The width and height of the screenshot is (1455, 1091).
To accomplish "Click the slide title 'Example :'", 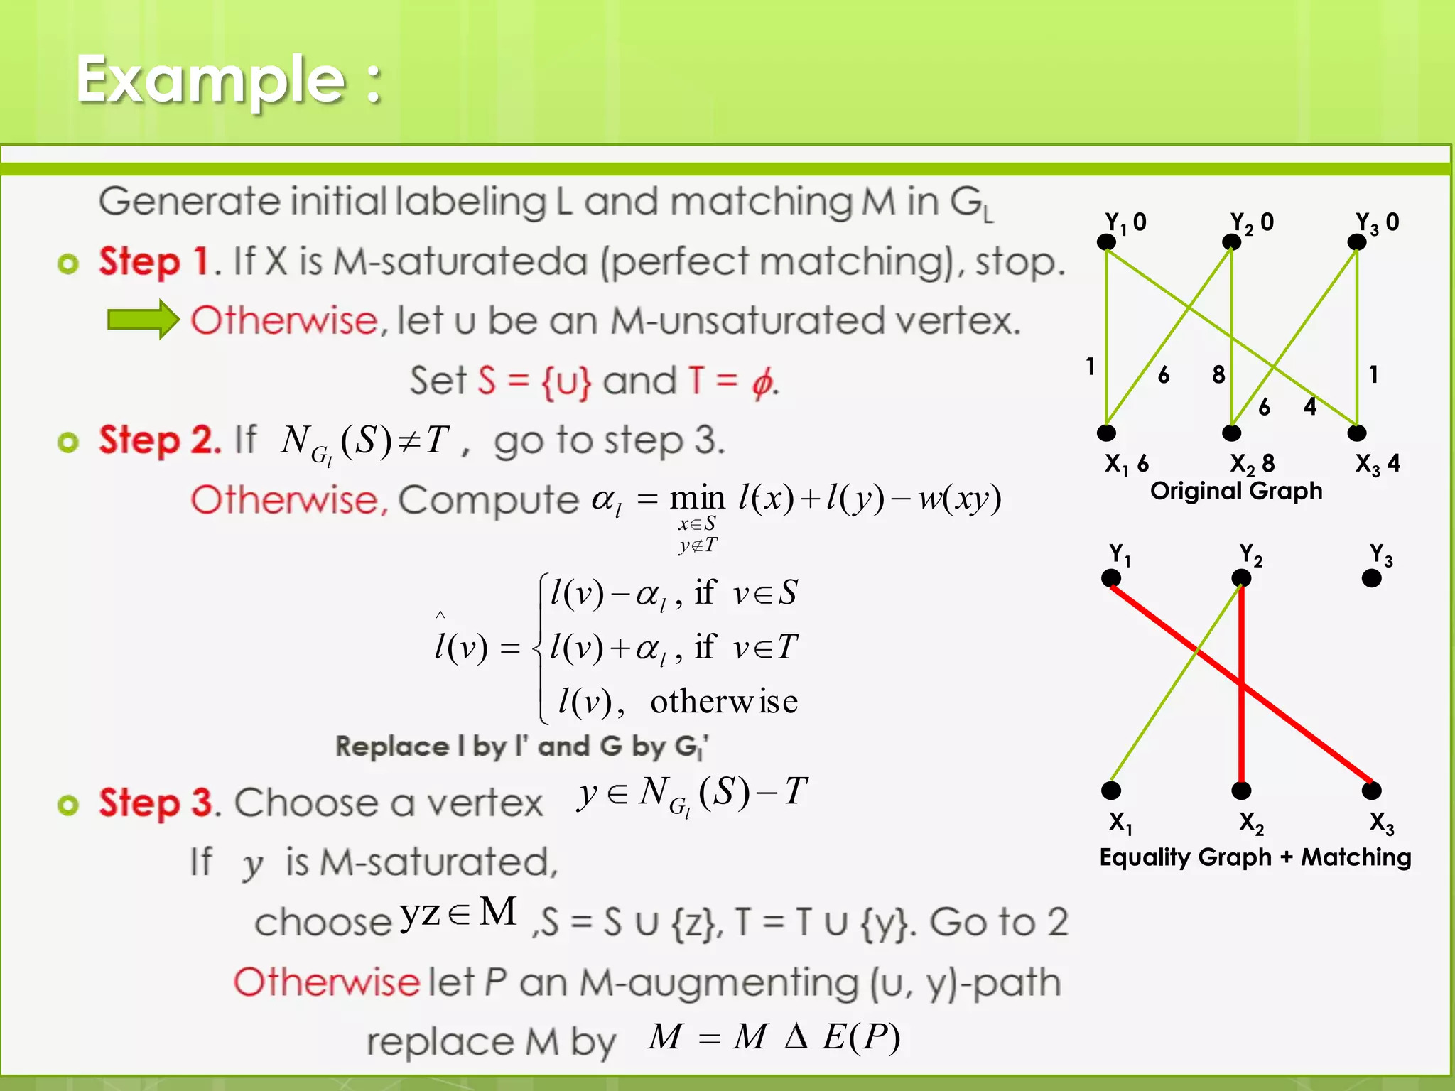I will (x=229, y=80).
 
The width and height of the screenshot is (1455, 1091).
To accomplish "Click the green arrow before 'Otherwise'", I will (x=143, y=320).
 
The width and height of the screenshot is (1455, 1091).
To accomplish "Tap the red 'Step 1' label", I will (x=153, y=261).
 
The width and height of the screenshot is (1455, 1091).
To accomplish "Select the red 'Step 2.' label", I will (x=160, y=440).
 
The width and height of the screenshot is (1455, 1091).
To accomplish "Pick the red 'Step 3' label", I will (x=156, y=803).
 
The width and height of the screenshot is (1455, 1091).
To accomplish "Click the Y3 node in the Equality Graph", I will (x=1371, y=578).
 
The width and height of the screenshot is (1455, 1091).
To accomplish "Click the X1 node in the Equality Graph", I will (x=1111, y=790).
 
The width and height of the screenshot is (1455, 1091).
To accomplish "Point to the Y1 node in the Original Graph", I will (x=1106, y=242).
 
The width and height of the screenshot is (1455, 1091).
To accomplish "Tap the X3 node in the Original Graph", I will (x=1356, y=433).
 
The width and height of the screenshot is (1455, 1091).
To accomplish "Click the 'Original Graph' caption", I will (x=1236, y=491).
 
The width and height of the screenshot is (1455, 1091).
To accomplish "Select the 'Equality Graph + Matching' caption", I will (x=1255, y=857).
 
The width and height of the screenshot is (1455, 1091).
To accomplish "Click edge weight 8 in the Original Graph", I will (x=1218, y=374).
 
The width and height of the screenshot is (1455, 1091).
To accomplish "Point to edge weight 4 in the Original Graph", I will (x=1310, y=406).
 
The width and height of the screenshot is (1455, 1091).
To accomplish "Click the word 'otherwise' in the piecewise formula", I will (x=723, y=702).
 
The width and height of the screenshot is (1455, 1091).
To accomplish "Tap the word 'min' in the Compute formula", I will (x=697, y=499).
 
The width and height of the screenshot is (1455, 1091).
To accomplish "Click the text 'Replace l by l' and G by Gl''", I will (x=521, y=747).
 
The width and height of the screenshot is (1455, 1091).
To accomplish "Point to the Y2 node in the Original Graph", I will (x=1231, y=242).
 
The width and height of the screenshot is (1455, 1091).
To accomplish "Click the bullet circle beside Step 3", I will (x=67, y=805).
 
